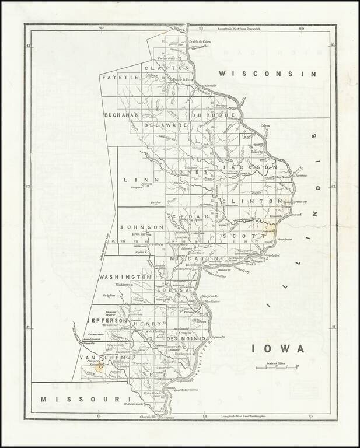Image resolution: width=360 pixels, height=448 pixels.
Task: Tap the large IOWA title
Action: point(278,348)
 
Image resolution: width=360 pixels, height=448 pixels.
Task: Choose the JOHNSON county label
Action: point(142,227)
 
